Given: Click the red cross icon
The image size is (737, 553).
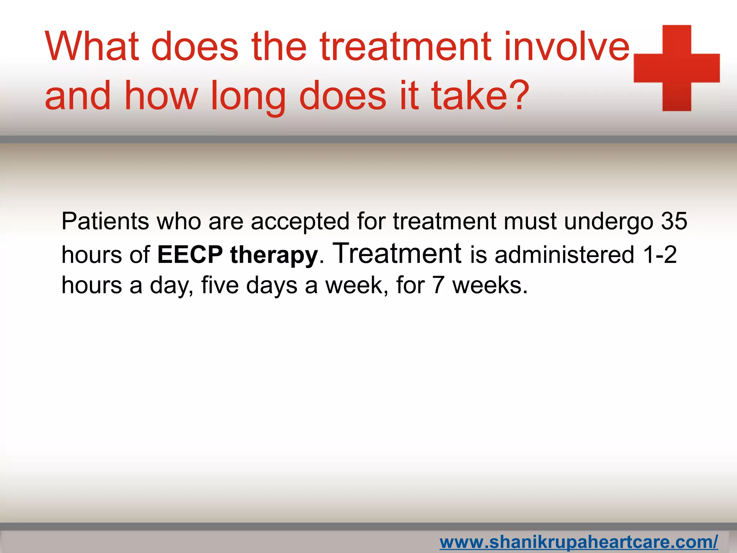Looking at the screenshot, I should (677, 68).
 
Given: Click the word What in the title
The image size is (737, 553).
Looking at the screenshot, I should (92, 47).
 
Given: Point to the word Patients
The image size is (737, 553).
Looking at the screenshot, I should (105, 221).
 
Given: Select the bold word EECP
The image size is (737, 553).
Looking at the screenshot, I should (190, 255).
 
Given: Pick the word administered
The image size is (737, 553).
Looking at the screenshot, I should (564, 255).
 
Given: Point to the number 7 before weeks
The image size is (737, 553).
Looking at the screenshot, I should (438, 285).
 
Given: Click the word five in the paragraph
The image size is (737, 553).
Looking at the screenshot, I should (220, 285).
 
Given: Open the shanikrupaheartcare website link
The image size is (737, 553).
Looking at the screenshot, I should (578, 542).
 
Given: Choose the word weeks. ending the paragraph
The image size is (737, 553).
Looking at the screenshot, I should (489, 285).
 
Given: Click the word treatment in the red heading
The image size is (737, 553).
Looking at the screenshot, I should (405, 47).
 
